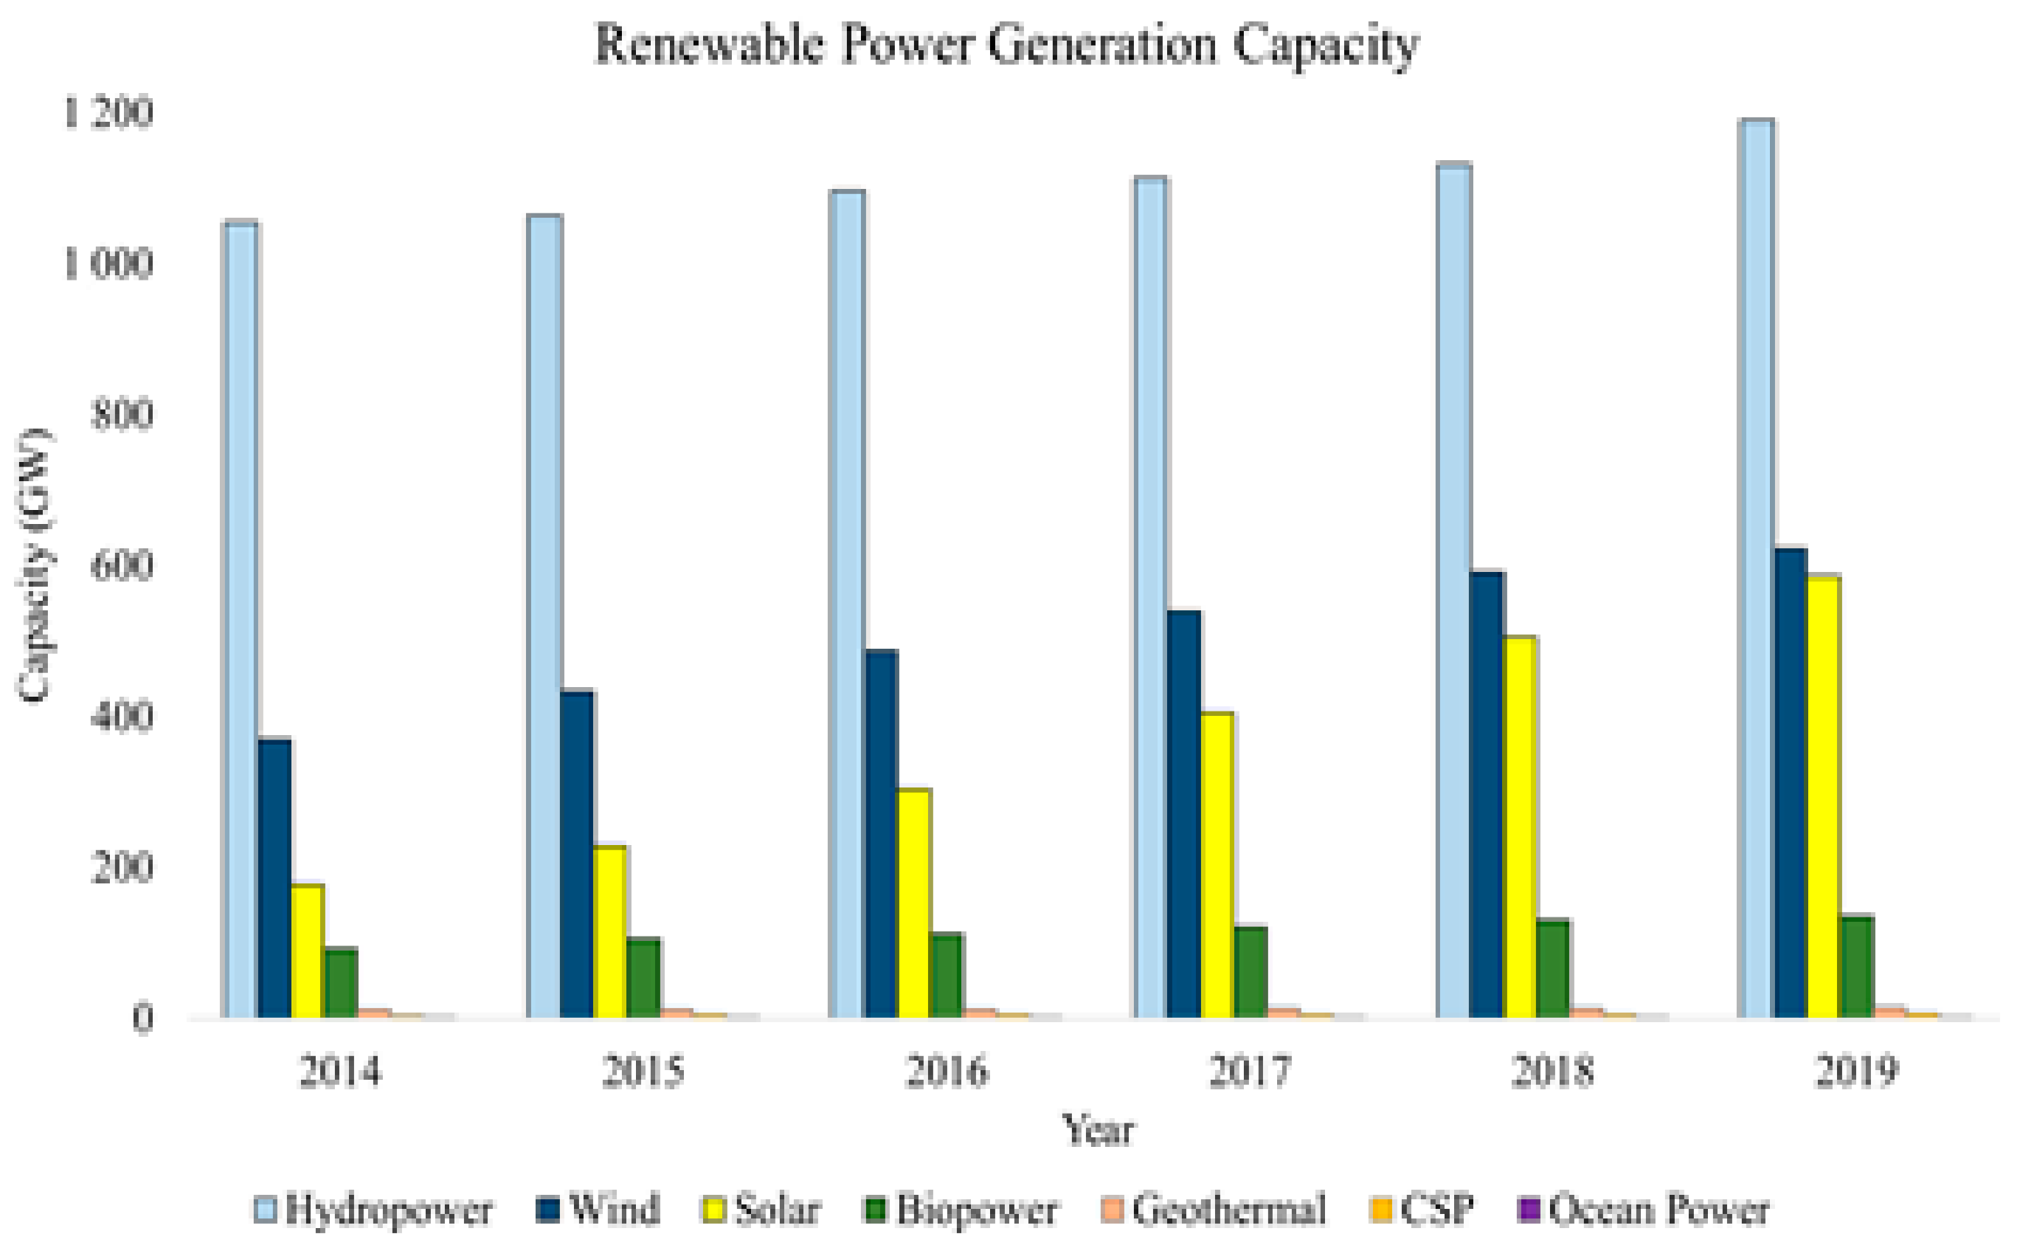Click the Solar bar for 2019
point(1824,796)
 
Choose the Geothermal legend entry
point(1214,1210)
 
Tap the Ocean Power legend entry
point(1643,1210)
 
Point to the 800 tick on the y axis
point(122,414)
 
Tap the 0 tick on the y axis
point(142,1018)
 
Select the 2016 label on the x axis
point(947,1072)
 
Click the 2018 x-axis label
point(1552,1072)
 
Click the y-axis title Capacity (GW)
point(35,565)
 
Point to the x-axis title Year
point(1098,1129)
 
